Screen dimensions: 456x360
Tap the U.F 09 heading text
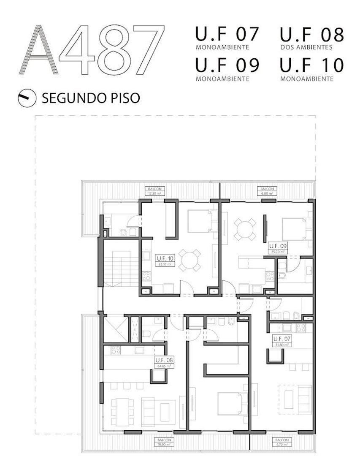[227, 66]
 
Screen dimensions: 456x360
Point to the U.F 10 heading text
[311, 66]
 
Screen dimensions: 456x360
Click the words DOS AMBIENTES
[306, 47]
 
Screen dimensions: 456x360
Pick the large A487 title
[92, 50]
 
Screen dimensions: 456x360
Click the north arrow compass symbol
[25, 98]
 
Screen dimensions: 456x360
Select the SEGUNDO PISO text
[90, 98]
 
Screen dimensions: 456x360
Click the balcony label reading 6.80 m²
[267, 191]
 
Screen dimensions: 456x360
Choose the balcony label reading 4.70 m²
[279, 442]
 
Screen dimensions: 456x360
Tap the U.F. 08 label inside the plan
[163, 362]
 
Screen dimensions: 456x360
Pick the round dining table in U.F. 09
[245, 229]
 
